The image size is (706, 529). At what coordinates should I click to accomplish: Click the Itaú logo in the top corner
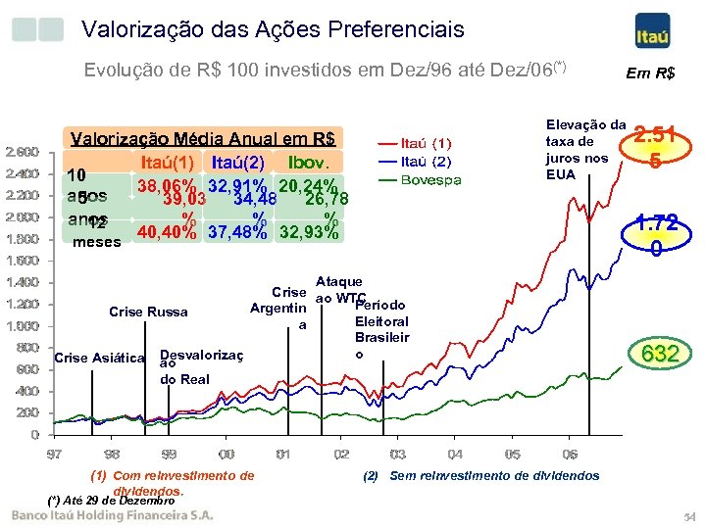point(653,30)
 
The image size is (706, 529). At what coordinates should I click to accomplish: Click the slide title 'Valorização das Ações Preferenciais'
point(273,30)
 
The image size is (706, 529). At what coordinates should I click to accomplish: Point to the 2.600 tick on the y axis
point(23,152)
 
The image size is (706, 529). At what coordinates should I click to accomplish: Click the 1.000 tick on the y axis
point(23,325)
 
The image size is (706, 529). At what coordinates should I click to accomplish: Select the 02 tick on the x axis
point(340,455)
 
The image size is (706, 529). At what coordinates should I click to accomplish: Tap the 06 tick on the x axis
point(570,455)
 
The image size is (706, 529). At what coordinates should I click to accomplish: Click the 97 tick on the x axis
point(55,455)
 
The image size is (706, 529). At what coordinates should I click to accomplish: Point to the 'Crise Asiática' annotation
point(99,357)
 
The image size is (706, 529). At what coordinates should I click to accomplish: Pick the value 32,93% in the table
point(311,233)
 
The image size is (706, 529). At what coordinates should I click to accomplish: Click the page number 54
point(688,516)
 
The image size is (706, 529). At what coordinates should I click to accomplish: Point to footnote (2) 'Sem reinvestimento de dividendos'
point(480,476)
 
